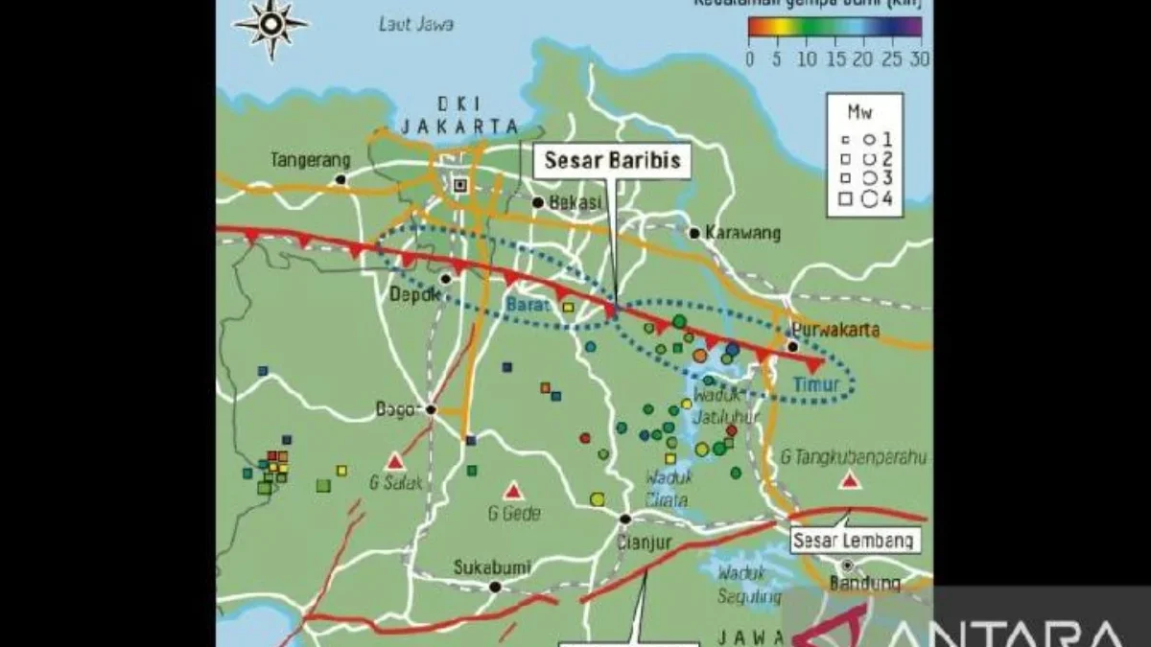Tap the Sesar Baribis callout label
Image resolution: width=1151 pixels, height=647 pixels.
(x=613, y=160)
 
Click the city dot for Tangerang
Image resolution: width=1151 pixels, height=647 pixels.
(x=340, y=179)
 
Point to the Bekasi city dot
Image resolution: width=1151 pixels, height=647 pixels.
(x=538, y=202)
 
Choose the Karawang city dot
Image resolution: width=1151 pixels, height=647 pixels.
(x=693, y=233)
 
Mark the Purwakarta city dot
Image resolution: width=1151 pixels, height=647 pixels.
(x=793, y=346)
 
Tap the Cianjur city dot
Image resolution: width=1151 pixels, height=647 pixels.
(x=625, y=519)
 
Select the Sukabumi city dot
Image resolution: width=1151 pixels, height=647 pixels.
(x=495, y=587)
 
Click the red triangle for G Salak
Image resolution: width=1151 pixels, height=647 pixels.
(x=395, y=461)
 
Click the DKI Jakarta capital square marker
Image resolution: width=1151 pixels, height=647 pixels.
(x=460, y=185)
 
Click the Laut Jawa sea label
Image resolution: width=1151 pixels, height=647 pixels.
(x=415, y=25)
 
